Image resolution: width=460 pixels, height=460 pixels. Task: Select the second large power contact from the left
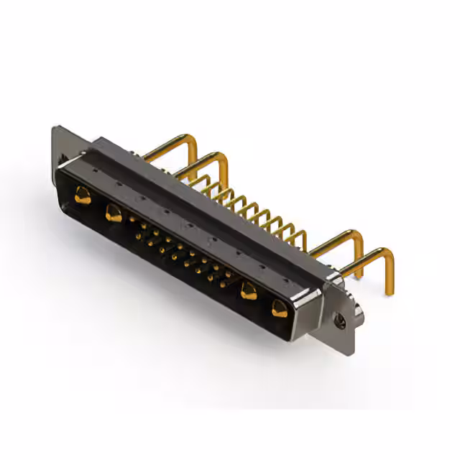point(113,213)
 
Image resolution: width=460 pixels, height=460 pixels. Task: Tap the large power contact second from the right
point(249,291)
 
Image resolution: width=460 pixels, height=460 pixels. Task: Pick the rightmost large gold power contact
point(279,309)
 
